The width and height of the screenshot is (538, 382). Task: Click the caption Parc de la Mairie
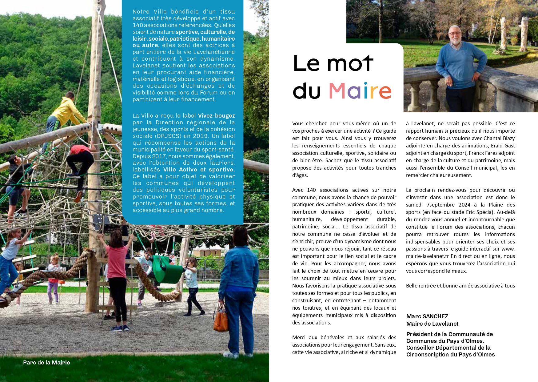pos(46,363)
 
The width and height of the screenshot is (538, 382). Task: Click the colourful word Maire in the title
pos(360,91)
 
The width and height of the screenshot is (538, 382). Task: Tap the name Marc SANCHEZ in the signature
pos(427,316)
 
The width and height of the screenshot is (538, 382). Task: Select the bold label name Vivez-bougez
pos(216,116)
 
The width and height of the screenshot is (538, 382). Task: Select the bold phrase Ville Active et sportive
pos(199,170)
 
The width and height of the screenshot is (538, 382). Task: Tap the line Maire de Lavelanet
pos(432,324)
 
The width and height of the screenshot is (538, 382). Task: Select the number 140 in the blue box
pos(138,25)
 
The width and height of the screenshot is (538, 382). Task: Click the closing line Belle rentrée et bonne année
pos(460,286)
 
